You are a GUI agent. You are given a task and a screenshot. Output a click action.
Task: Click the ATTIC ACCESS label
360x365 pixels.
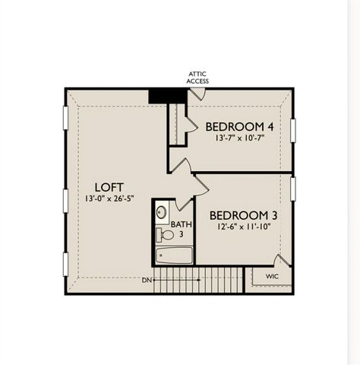(197, 77)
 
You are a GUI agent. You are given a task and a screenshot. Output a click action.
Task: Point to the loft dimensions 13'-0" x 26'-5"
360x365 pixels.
(109, 199)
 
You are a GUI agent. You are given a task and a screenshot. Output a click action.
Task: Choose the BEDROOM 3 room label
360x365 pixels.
(243, 215)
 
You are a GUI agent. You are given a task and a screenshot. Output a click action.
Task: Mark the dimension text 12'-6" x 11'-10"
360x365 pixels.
(243, 227)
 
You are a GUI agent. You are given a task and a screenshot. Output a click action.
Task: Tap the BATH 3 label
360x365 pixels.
(181, 229)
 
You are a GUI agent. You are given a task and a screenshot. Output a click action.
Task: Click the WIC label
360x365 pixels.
(272, 276)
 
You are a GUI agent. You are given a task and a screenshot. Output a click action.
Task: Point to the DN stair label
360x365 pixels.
(146, 280)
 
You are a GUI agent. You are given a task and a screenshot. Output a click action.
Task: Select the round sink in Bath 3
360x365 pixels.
(162, 212)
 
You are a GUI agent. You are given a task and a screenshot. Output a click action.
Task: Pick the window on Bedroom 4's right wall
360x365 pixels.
(293, 129)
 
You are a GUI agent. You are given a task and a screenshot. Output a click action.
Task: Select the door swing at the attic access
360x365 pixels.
(196, 94)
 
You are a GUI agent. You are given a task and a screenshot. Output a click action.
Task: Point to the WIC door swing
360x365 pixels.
(281, 261)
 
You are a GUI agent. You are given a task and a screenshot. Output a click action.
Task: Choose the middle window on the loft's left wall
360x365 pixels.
(64, 199)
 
